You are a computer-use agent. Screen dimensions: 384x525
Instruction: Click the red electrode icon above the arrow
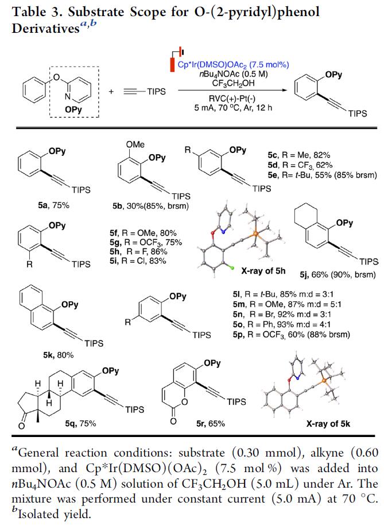172,64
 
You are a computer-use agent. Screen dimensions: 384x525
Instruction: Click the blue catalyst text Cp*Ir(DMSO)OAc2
233,64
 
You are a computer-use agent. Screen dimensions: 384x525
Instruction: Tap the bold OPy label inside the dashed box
73,109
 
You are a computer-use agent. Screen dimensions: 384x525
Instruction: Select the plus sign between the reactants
111,91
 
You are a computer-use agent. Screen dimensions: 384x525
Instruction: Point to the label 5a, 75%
53,205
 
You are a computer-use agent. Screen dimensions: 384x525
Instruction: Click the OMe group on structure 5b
135,145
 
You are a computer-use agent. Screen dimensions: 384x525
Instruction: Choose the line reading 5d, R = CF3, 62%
300,165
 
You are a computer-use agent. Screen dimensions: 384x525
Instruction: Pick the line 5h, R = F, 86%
138,252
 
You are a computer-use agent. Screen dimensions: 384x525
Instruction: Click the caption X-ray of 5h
263,271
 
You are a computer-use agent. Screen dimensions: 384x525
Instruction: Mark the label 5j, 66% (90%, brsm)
338,275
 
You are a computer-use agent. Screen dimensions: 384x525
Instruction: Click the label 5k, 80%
59,355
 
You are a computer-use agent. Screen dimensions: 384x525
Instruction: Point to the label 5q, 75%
80,424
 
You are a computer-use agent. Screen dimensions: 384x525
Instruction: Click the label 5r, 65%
211,424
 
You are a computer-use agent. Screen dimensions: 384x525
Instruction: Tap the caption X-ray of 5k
328,424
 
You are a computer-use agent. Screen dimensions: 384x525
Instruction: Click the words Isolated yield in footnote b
54,513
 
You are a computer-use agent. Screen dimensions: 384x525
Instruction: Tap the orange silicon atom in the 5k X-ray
324,381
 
